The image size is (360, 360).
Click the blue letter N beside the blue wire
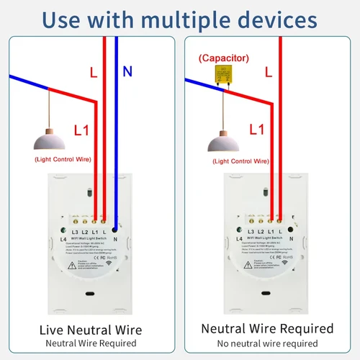127,71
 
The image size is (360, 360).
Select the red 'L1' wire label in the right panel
256,130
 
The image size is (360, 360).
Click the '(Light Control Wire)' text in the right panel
243,162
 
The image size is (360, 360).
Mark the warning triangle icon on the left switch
71,264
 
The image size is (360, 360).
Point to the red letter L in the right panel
268,73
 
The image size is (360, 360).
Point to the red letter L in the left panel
92,73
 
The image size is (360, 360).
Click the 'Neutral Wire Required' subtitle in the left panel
91,343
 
